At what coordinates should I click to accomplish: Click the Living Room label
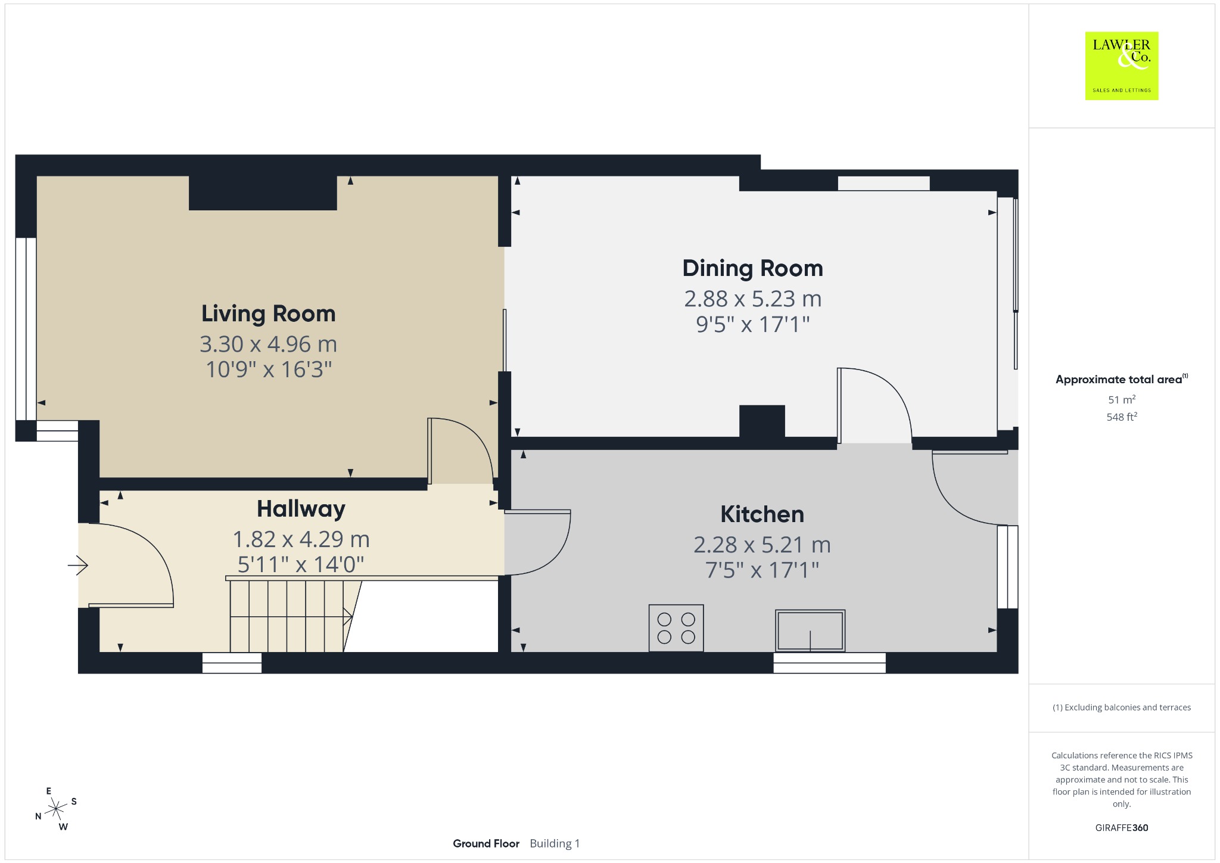[x=268, y=313]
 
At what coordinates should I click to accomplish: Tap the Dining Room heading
[x=752, y=268]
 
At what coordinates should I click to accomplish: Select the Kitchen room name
[x=762, y=514]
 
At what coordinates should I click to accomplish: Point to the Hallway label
[x=301, y=509]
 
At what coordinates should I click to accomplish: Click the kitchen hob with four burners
[x=676, y=628]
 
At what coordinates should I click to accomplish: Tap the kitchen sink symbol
[x=810, y=631]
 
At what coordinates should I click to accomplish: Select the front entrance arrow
[x=78, y=565]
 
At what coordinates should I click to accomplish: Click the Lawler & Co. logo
[x=1121, y=66]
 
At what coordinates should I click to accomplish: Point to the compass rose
[x=56, y=809]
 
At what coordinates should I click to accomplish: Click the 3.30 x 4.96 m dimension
[x=268, y=344]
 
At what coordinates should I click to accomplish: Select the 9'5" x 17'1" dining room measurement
[x=752, y=324]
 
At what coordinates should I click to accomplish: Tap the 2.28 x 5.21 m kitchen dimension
[x=762, y=544]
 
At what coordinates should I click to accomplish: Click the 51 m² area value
[x=1122, y=399]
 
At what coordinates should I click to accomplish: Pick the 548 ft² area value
[x=1122, y=417]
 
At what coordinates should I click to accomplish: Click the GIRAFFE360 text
[x=1122, y=827]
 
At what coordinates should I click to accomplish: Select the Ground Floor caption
[x=486, y=843]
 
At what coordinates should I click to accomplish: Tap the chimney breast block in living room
[x=263, y=193]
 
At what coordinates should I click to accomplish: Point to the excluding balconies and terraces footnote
[x=1122, y=707]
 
